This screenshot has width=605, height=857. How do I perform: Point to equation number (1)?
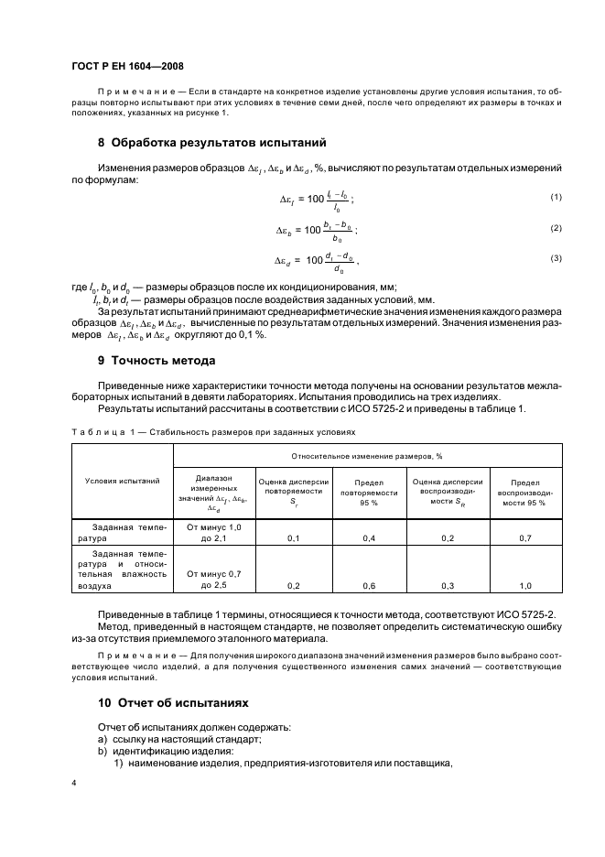coord(555,198)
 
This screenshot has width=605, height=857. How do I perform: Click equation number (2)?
coord(555,228)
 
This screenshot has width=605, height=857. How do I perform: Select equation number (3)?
coord(555,259)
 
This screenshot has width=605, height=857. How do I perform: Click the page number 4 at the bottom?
coord(73,784)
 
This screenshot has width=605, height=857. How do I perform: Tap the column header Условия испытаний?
coord(122,480)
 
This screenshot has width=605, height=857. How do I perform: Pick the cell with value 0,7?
coord(525,538)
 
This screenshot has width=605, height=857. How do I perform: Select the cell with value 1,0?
coord(525,584)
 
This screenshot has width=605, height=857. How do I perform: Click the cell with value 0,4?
coord(370,538)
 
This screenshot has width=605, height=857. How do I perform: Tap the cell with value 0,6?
coord(370,584)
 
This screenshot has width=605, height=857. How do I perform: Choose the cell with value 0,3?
coord(448,584)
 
